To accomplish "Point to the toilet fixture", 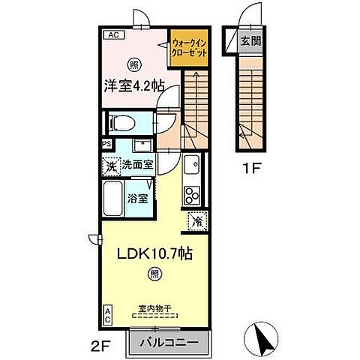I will point(123,121).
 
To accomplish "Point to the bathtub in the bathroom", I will point(112,199).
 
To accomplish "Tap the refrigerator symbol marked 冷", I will point(197,221).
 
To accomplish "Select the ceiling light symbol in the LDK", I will point(153,274).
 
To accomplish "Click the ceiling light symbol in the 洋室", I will point(133,64).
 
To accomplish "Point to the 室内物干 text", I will point(154,307).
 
